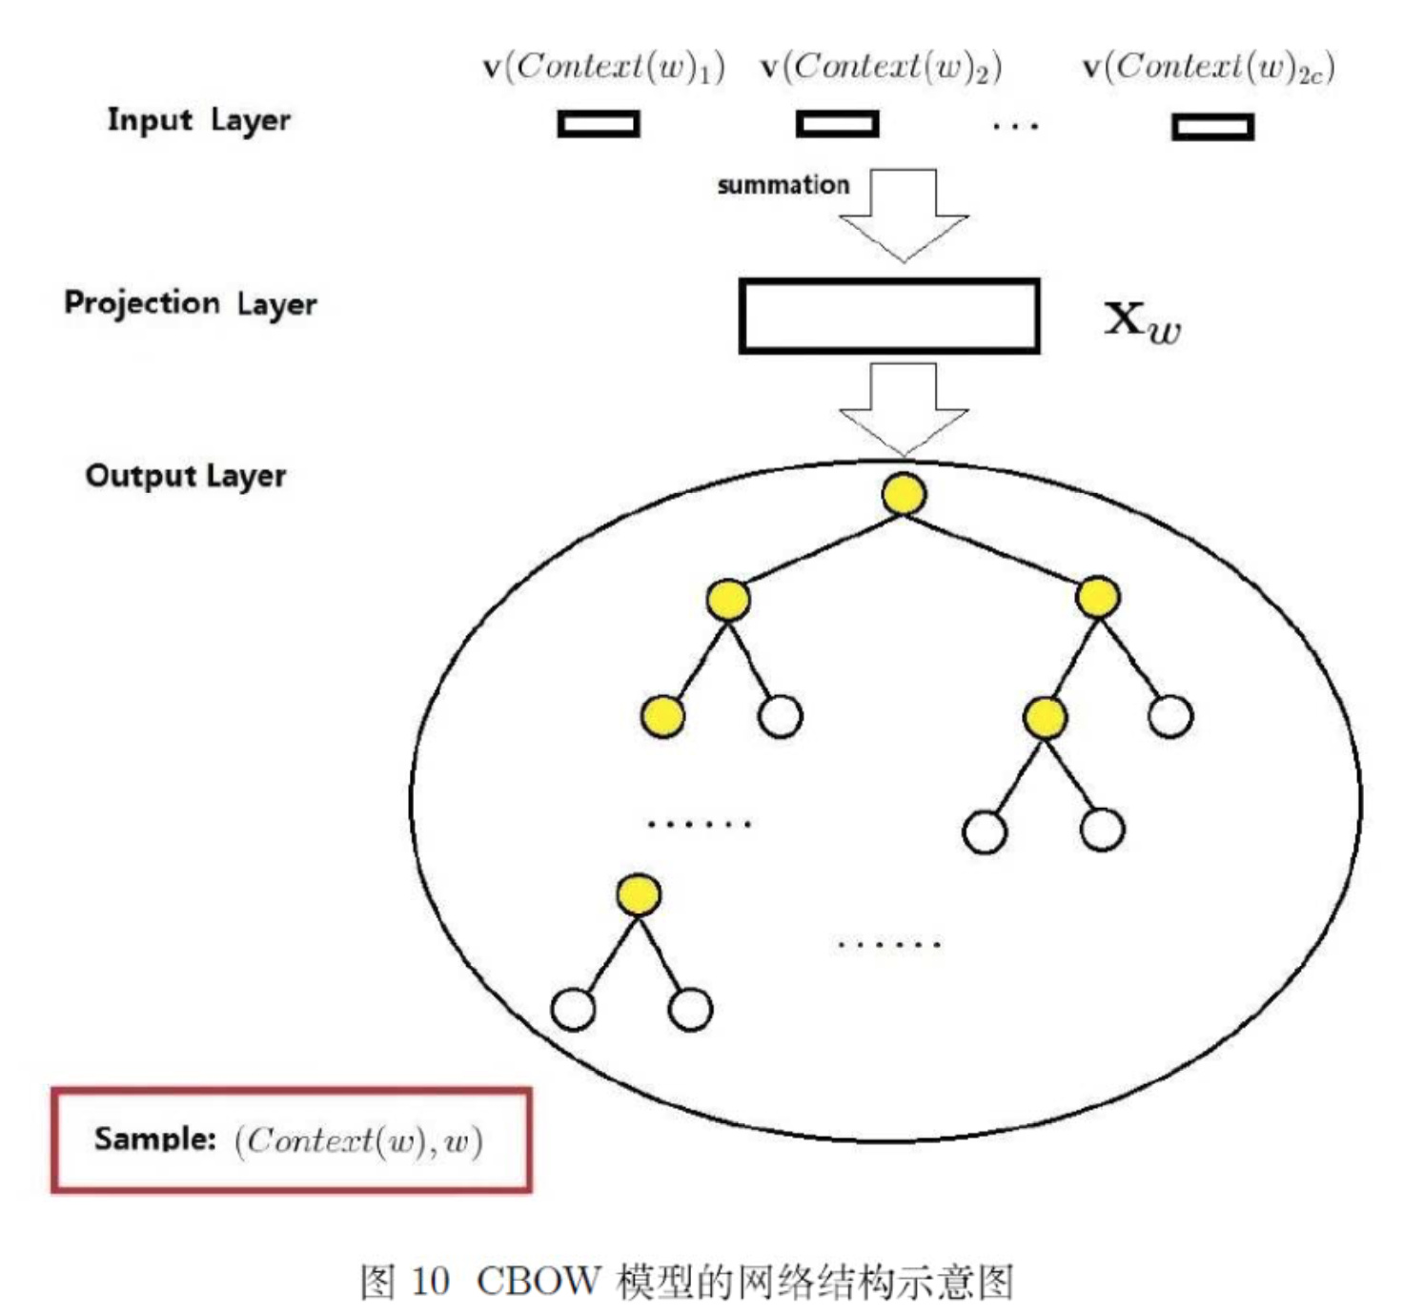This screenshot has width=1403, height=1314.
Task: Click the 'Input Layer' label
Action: [198, 121]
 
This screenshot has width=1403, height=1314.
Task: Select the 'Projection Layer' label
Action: [190, 303]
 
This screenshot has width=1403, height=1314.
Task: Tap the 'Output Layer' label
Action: [186, 475]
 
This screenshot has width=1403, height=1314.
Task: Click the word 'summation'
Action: [783, 185]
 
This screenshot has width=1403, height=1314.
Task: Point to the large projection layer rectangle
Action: [888, 316]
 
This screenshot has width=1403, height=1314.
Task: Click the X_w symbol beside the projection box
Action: [1142, 321]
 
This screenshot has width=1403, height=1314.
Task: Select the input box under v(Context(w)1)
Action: [599, 124]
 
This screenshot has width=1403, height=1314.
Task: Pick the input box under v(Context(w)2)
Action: [837, 124]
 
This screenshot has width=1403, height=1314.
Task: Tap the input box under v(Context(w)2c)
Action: [1212, 127]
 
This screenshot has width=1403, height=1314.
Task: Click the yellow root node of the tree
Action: [904, 494]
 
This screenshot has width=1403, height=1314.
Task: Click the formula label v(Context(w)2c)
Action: [1208, 67]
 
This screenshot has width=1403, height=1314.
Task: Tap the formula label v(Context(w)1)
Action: [603, 67]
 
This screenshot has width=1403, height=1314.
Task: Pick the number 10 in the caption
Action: [430, 1281]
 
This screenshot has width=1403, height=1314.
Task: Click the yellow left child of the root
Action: [728, 600]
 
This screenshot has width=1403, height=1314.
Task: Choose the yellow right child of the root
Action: [1097, 598]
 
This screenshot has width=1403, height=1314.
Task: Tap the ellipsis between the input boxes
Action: [1015, 125]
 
